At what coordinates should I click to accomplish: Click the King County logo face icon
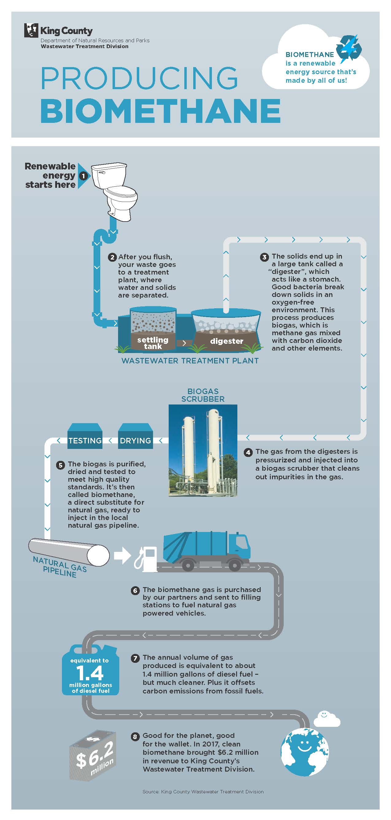31,31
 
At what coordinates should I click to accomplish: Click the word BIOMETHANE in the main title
160,111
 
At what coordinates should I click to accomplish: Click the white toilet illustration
115,191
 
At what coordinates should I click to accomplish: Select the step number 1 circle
83,176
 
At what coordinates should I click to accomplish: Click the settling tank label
153,343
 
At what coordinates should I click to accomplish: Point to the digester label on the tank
227,341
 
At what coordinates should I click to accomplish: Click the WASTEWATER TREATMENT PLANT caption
190,361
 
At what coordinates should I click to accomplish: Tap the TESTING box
85,440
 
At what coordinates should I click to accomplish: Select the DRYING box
136,440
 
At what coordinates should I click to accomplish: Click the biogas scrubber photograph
203,450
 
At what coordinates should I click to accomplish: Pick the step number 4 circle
248,452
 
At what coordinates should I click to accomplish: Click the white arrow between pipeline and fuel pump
122,556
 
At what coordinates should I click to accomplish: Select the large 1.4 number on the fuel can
90,673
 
